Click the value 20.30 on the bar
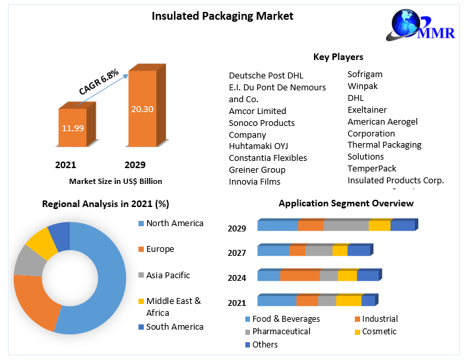142,109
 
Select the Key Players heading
338,57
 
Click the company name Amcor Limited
257,111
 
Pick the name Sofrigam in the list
365,74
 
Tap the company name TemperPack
372,168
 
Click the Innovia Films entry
255,181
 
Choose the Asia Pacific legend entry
168,275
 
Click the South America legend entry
175,326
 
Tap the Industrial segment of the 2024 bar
299,276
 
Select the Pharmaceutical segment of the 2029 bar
346,225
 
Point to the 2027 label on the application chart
237,253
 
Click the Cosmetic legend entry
379,331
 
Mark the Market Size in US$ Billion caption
115,181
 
